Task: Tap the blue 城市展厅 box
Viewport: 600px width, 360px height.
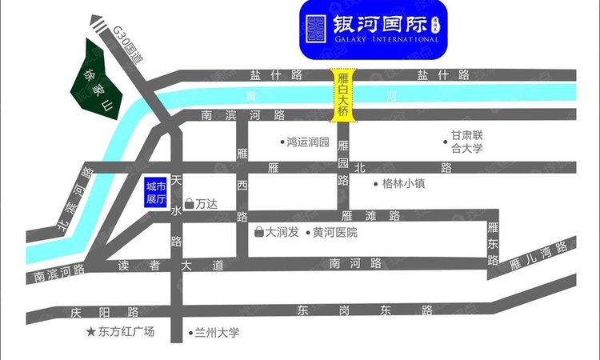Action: click(155, 193)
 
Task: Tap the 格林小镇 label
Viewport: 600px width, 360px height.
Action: click(402, 183)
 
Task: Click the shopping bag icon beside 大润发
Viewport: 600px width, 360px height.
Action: click(258, 232)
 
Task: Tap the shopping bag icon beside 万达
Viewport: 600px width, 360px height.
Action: click(189, 204)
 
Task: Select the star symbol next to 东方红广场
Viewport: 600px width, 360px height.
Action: click(90, 331)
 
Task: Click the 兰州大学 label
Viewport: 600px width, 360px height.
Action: click(216, 332)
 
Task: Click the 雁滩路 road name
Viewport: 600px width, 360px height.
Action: click(370, 215)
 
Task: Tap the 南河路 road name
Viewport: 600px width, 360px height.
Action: click(354, 263)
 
